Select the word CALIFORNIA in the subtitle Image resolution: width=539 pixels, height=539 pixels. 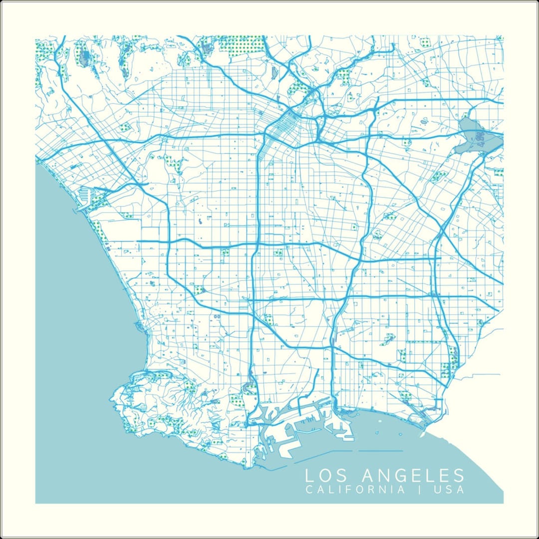click(355, 490)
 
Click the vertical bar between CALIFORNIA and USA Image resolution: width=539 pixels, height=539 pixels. click(420, 490)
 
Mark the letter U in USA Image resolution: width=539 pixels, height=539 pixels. click(438, 490)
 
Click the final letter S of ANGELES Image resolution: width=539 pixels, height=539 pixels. click(458, 475)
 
